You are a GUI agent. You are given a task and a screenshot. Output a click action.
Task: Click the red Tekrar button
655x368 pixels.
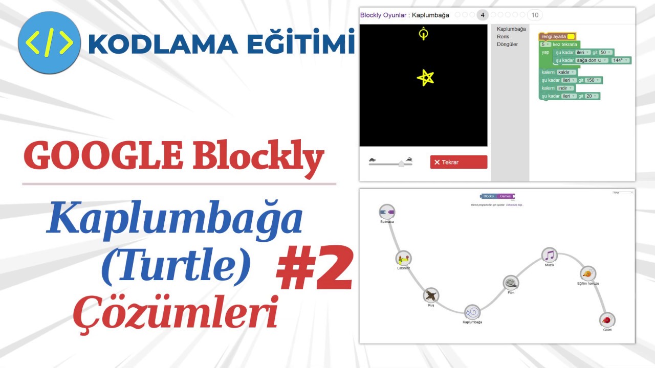pos(458,162)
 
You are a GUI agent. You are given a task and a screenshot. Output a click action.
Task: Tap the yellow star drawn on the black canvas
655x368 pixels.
pos(425,78)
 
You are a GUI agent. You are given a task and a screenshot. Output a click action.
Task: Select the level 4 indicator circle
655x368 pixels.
pos(482,15)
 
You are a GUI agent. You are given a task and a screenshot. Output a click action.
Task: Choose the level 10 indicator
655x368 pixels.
pos(535,15)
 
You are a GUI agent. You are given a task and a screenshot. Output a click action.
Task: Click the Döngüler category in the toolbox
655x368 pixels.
pos(507,44)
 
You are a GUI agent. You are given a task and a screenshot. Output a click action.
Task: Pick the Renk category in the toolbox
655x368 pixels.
pos(503,37)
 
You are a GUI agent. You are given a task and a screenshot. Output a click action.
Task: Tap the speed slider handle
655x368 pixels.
pos(402,164)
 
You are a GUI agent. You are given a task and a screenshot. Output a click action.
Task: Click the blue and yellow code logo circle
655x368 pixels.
pos(49,43)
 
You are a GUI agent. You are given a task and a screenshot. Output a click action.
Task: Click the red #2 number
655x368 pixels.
pos(315,268)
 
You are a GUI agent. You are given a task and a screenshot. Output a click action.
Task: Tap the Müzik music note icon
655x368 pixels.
pos(549,255)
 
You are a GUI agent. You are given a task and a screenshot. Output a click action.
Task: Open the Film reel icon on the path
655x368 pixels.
pos(511,283)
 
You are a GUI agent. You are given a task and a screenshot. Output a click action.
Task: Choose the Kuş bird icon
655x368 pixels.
pos(431,295)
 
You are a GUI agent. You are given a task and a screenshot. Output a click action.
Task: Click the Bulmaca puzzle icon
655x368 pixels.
pos(387,212)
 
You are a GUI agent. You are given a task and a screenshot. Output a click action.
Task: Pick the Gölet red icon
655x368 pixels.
pos(607,320)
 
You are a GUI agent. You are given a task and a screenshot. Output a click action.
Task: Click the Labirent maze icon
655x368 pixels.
pos(403,258)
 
